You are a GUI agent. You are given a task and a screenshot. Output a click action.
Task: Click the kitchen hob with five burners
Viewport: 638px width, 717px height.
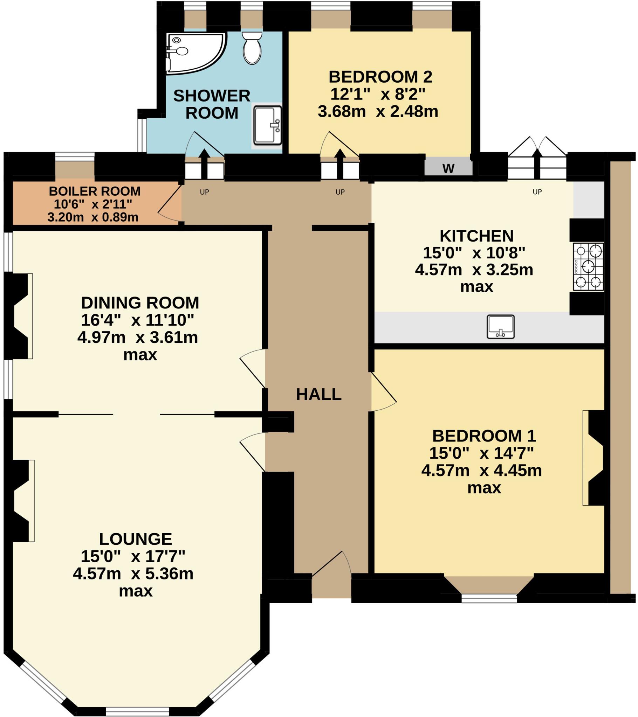tap(588, 266)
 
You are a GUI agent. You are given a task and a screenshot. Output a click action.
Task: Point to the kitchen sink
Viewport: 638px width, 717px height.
tap(500, 327)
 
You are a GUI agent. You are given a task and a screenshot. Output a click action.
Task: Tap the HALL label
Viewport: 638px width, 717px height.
tap(318, 395)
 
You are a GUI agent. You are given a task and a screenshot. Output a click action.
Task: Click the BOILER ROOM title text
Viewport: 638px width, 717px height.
tap(95, 191)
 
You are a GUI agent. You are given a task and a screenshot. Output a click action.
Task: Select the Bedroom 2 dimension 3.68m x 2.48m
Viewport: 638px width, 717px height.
tap(378, 112)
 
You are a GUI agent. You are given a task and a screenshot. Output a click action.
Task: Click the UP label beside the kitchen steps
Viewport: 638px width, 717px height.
tap(537, 192)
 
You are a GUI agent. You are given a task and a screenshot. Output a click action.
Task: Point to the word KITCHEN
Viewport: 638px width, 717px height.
tap(476, 236)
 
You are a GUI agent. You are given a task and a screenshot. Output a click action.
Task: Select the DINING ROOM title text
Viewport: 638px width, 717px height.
tap(140, 303)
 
